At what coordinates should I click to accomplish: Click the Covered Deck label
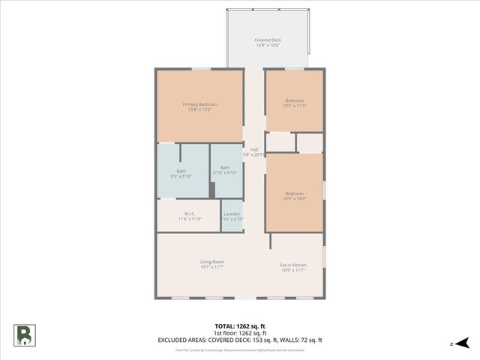click(267, 40)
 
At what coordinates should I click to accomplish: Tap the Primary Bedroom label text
click(199, 103)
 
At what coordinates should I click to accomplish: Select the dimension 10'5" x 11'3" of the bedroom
click(295, 105)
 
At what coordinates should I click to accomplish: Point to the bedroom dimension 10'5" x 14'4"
click(295, 198)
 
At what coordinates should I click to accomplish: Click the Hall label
click(254, 149)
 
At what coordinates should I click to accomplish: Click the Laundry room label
click(232, 214)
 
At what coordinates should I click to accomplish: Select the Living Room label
click(212, 262)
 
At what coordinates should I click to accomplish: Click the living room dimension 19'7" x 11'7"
click(212, 267)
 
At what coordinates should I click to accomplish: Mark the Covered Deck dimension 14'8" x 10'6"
click(267, 45)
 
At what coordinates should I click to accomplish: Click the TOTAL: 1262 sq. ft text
click(240, 326)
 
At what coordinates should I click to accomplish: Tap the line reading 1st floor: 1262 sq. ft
click(240, 333)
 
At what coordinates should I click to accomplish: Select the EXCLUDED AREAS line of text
click(240, 340)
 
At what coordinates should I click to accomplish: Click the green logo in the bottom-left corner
click(24, 334)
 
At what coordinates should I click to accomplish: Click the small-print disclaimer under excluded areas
click(240, 349)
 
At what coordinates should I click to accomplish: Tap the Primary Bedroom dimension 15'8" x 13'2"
click(199, 109)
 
